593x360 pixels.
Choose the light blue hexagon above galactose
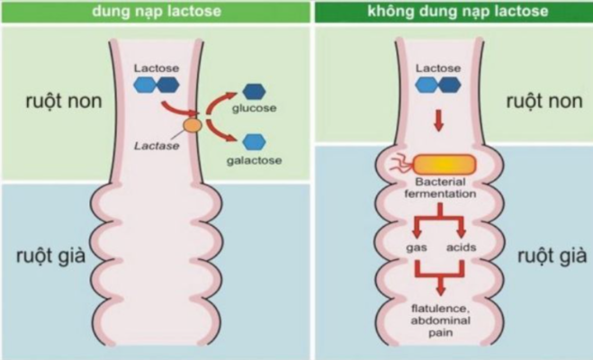coord(256,140)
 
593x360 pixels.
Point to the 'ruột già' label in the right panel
coord(544,255)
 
